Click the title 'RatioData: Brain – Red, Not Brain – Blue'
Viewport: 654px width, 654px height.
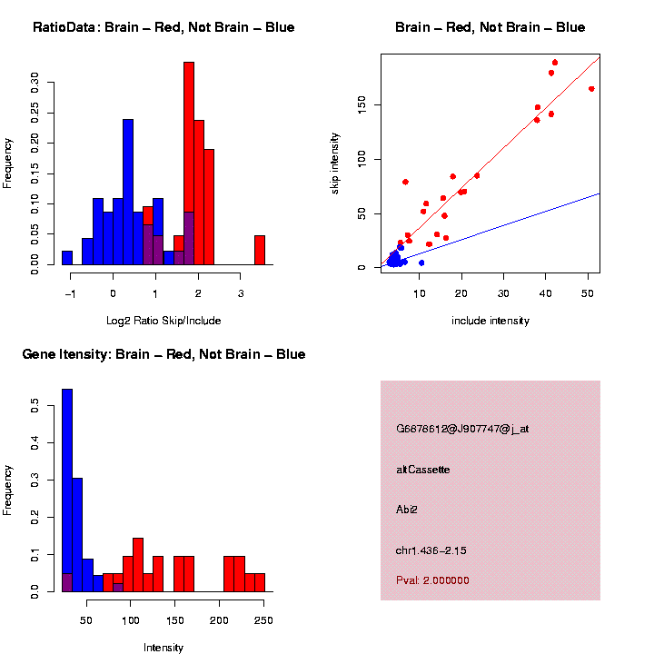163,27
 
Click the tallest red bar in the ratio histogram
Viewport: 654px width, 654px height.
189,163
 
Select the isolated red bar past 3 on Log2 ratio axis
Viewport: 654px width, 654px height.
260,250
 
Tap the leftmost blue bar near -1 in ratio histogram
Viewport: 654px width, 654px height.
67,258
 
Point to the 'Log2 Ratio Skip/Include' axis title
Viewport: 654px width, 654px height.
163,321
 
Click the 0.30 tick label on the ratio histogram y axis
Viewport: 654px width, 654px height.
35,84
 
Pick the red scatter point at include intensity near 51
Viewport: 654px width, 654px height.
591,89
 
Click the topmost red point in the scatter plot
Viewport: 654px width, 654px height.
555,63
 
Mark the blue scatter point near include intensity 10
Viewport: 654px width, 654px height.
421,263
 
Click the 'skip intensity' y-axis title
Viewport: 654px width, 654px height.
335,162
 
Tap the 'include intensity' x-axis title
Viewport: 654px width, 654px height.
490,321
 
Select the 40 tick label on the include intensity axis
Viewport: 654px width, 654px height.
545,293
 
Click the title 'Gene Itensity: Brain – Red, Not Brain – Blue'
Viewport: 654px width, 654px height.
163,354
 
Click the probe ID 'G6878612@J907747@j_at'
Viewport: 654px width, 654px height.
462,429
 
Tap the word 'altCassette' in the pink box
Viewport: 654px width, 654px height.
423,470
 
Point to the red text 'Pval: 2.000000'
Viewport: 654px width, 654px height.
432,580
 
